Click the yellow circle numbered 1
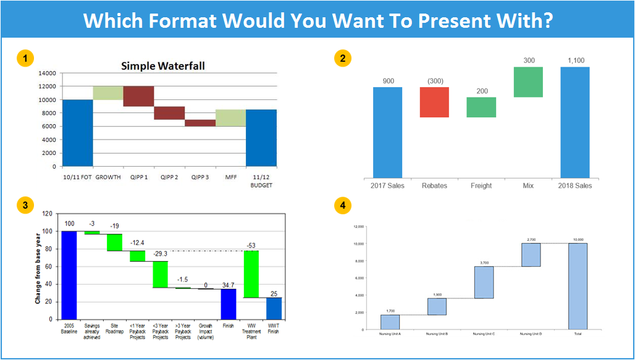[x=25, y=59]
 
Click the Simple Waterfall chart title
[x=163, y=66]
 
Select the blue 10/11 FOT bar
[x=77, y=133]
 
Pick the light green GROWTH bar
[x=108, y=93]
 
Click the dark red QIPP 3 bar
[x=200, y=123]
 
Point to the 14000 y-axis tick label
[x=47, y=73]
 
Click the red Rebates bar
[x=434, y=102]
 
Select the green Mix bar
[x=528, y=82]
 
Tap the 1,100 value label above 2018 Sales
[x=575, y=61]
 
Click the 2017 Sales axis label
[x=387, y=185]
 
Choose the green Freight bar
[x=481, y=107]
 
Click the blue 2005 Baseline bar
[x=69, y=275]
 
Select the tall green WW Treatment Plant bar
[x=251, y=274]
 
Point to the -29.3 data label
[x=161, y=254]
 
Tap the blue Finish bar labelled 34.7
[x=229, y=304]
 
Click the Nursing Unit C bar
[x=484, y=282]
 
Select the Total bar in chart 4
[x=578, y=286]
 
